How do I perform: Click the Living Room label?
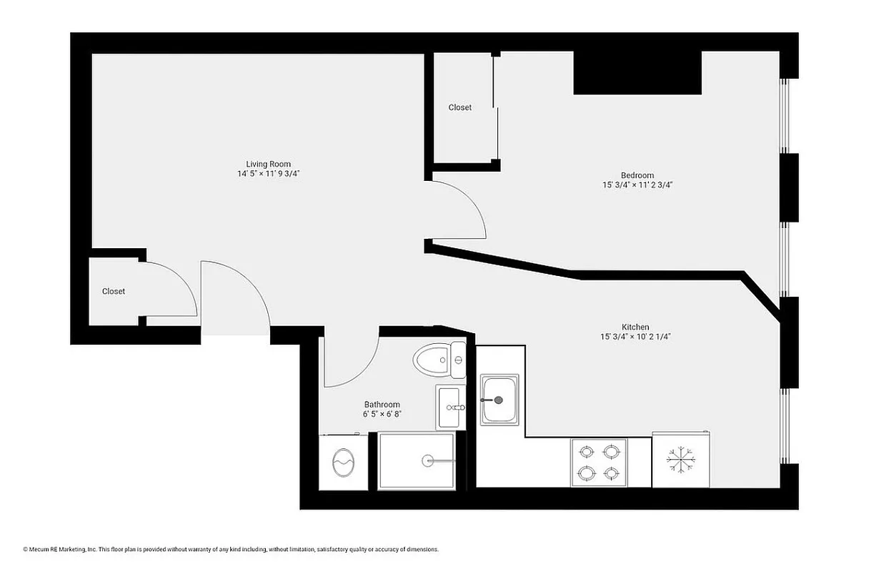coord(268,164)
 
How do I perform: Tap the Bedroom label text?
coord(637,175)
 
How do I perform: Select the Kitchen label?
coord(635,327)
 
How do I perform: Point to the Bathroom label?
coord(382,404)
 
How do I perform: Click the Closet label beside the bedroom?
coord(460,107)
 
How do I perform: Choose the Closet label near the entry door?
coord(113,291)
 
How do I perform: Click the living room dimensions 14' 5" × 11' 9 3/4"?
coord(268,174)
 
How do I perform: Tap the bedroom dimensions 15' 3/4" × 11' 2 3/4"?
coord(637,185)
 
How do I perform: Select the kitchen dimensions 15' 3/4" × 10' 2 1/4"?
coord(635,337)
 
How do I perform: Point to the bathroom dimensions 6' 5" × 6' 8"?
coord(382,414)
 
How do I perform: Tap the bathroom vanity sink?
coord(450,408)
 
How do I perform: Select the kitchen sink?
coord(500,400)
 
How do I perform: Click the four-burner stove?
coord(598,462)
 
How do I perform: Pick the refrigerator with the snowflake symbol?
coord(681,460)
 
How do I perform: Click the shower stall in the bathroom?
coord(416,461)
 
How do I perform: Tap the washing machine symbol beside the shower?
coord(343,463)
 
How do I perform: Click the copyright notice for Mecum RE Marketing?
coord(230,550)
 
